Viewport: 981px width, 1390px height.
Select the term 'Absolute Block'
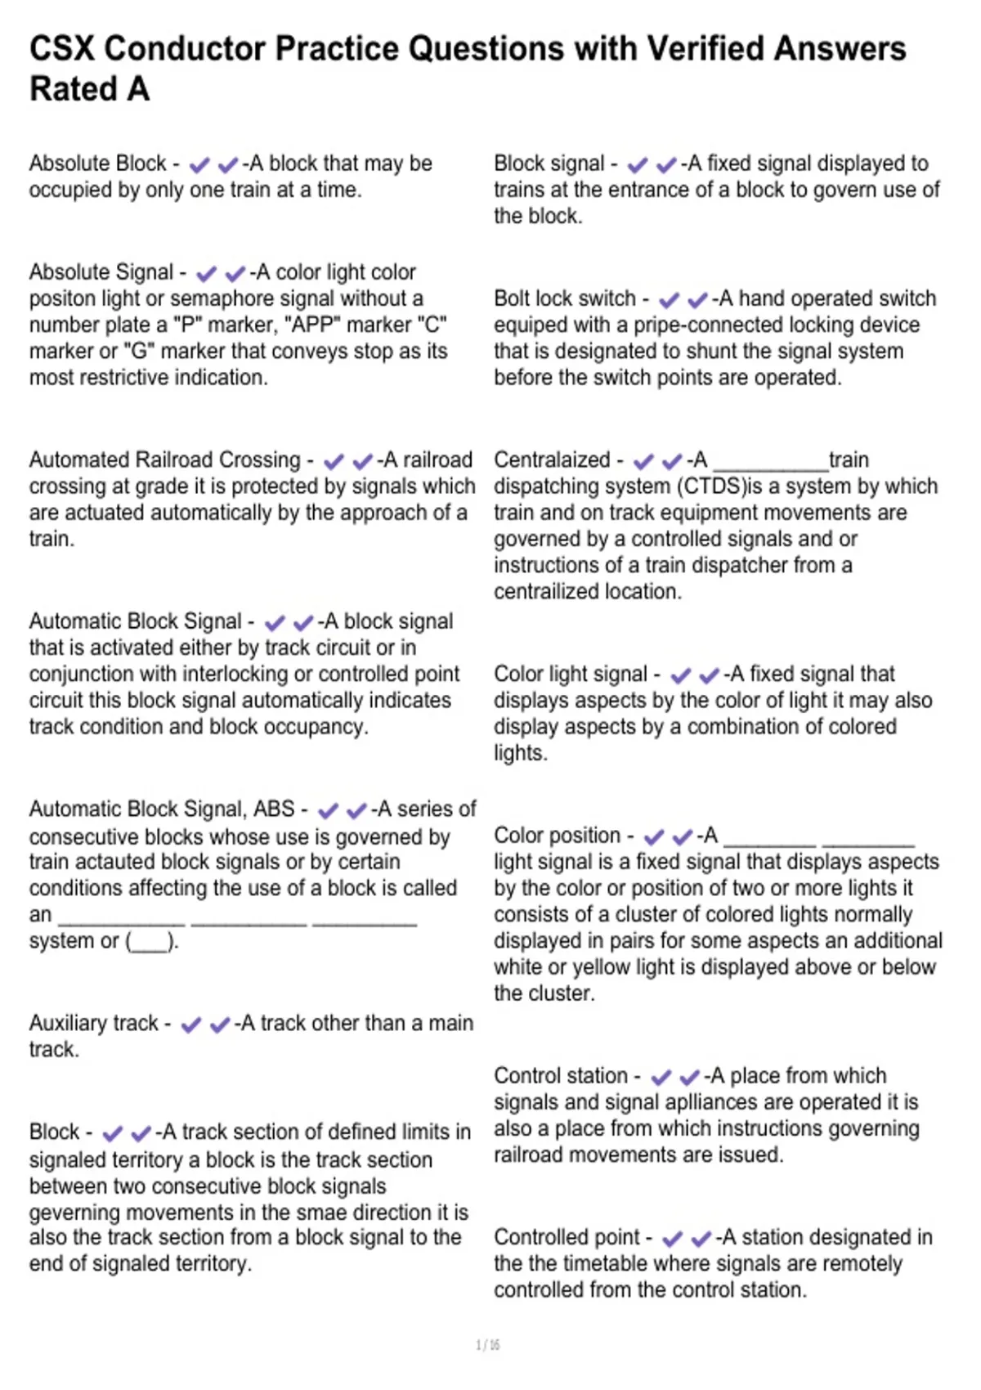coord(97,164)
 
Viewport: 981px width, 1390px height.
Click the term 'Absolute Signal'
coord(101,272)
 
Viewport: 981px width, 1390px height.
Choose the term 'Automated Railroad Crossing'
coord(165,460)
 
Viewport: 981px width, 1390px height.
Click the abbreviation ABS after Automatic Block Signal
coord(274,809)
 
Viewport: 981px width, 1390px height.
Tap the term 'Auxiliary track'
coord(94,1024)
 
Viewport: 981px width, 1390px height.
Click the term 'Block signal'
coord(549,164)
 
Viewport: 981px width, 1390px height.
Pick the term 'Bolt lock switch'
coord(565,298)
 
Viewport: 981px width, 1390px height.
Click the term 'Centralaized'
coord(552,460)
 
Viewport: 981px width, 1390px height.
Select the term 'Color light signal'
coord(571,675)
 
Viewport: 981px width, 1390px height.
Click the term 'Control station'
coord(561,1076)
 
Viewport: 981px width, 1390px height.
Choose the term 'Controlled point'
coord(567,1238)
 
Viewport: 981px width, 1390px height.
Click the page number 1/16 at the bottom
coord(488,1345)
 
